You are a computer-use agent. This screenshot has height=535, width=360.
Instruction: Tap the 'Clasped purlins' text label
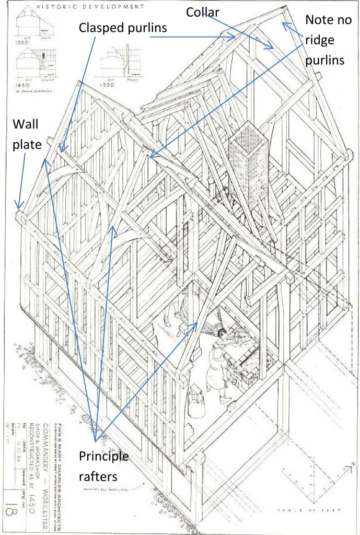(x=123, y=27)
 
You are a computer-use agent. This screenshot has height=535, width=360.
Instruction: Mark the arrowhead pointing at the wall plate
(x=19, y=206)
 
